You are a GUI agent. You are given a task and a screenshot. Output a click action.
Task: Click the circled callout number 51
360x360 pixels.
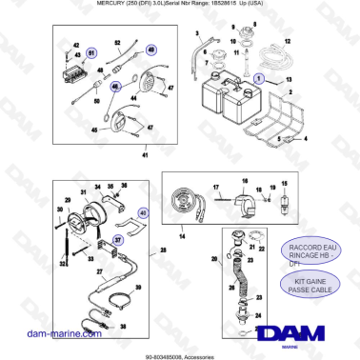click(92, 51)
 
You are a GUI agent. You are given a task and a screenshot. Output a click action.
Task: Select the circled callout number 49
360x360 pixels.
click(152, 49)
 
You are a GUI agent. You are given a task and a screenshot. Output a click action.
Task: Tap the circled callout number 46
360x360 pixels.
click(115, 86)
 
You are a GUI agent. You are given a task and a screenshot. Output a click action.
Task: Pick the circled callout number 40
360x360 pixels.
click(144, 215)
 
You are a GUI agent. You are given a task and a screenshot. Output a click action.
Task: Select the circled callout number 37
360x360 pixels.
click(117, 240)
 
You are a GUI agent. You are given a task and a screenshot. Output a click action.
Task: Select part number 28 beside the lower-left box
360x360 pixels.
click(164, 250)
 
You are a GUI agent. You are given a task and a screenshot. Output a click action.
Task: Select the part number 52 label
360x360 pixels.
click(116, 43)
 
